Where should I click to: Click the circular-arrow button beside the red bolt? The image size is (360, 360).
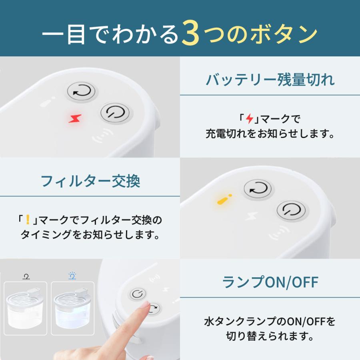click(x=82, y=92)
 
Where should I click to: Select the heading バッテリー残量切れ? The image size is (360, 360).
click(x=270, y=80)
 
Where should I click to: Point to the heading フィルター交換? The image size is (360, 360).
click(x=90, y=181)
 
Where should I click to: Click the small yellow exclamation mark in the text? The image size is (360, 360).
click(x=28, y=219)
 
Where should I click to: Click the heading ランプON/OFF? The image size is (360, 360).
click(x=270, y=282)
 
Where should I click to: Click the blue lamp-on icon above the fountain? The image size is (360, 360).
click(x=72, y=276)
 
